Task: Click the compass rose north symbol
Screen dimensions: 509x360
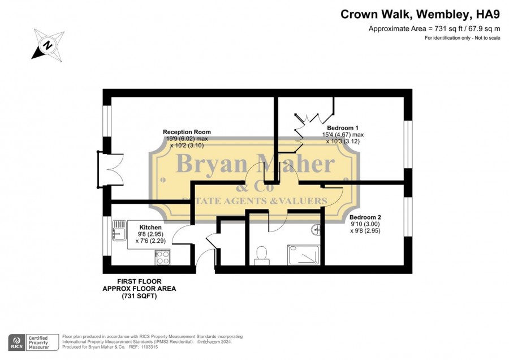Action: pyautogui.click(x=48, y=45)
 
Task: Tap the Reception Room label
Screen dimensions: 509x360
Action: pyautogui.click(x=187, y=132)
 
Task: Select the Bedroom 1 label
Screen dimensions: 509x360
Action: pyautogui.click(x=343, y=128)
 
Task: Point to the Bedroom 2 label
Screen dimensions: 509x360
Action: pyautogui.click(x=365, y=217)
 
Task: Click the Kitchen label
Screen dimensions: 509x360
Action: pyautogui.click(x=150, y=228)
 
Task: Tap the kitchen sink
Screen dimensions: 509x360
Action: pyautogui.click(x=119, y=230)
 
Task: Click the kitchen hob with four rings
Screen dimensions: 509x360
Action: pyautogui.click(x=163, y=258)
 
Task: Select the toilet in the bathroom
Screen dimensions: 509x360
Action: pyautogui.click(x=262, y=256)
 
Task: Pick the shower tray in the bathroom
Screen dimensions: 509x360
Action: pyautogui.click(x=303, y=255)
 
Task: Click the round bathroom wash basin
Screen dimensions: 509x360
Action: pyautogui.click(x=316, y=230)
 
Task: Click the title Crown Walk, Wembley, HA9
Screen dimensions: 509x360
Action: pyautogui.click(x=420, y=14)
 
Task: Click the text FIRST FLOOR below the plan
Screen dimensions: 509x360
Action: pyautogui.click(x=139, y=281)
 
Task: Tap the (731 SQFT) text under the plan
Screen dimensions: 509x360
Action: pyautogui.click(x=139, y=296)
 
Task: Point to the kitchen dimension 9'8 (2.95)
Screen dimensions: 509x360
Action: pyautogui.click(x=150, y=234)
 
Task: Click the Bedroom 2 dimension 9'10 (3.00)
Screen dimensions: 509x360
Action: pyautogui.click(x=365, y=224)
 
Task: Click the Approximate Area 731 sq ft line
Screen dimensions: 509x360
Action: pyautogui.click(x=434, y=29)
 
